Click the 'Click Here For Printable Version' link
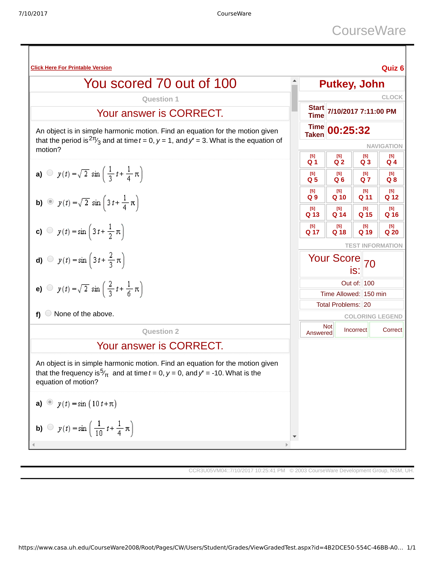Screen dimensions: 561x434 [x=71, y=68]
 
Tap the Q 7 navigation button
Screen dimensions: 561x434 [x=365, y=177]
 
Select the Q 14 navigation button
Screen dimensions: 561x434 [x=339, y=212]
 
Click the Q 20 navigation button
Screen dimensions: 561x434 [x=391, y=230]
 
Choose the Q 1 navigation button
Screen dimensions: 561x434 [x=312, y=160]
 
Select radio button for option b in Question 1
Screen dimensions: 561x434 [x=50, y=202]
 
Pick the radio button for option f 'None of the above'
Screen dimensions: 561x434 [x=48, y=313]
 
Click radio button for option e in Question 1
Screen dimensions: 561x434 [x=50, y=288]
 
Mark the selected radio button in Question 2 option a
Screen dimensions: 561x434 [x=50, y=402]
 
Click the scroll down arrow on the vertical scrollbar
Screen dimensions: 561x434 [x=295, y=437]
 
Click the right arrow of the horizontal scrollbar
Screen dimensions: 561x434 [x=287, y=445]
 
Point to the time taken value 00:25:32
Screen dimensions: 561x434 [x=349, y=131]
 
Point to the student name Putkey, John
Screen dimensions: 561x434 [x=352, y=84]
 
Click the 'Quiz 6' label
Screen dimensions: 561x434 [x=393, y=68]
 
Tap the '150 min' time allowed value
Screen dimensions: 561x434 [x=375, y=294]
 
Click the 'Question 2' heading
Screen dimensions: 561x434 [x=160, y=331]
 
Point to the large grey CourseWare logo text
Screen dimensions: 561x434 [x=369, y=31]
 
